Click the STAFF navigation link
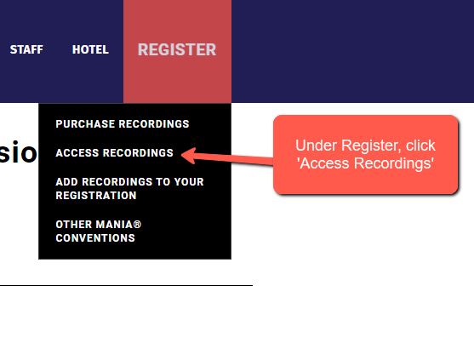[26, 49]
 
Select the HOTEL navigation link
[90, 49]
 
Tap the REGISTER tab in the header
[177, 49]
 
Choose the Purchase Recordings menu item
[123, 124]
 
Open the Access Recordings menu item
[115, 153]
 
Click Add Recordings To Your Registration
[129, 189]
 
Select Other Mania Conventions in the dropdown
[99, 231]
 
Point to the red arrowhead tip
[181, 154]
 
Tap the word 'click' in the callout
[420, 146]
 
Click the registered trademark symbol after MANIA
[137, 225]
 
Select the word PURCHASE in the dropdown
[85, 124]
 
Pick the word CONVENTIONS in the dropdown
[95, 238]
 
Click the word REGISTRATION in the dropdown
[96, 196]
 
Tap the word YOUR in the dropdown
[188, 182]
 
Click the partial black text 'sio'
[18, 152]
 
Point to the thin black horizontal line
[126, 285]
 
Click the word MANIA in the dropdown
[114, 225]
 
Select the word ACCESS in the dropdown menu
[77, 153]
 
